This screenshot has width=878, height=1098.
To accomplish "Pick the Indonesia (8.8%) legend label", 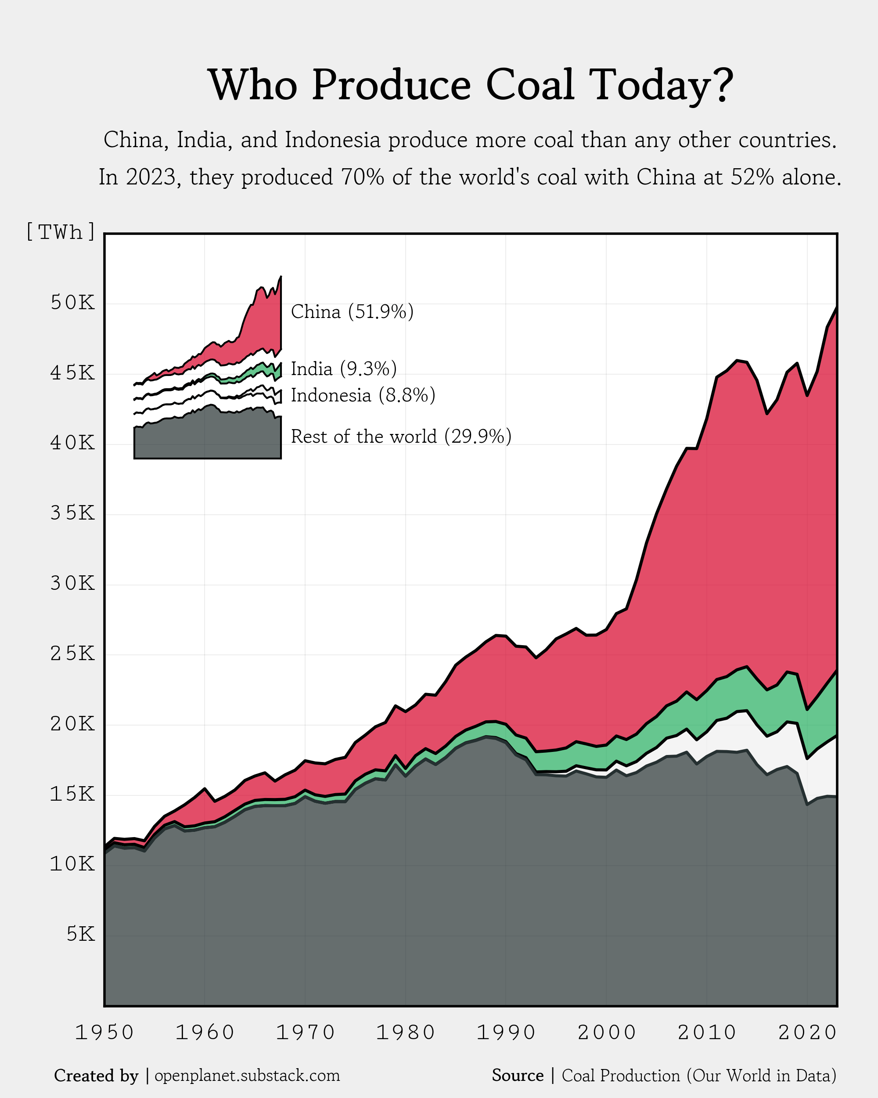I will [x=363, y=395].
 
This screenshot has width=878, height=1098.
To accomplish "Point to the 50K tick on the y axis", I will [x=72, y=303].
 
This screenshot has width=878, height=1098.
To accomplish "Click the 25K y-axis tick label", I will [x=72, y=654].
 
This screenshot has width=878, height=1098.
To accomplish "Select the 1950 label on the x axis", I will [x=104, y=1032].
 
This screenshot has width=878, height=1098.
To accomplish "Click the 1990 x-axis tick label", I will [x=506, y=1032].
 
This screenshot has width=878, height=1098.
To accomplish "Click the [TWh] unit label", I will [x=61, y=232].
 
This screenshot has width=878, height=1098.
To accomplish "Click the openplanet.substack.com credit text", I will [x=247, y=1076].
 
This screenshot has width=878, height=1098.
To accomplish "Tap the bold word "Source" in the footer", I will [x=518, y=1076].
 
